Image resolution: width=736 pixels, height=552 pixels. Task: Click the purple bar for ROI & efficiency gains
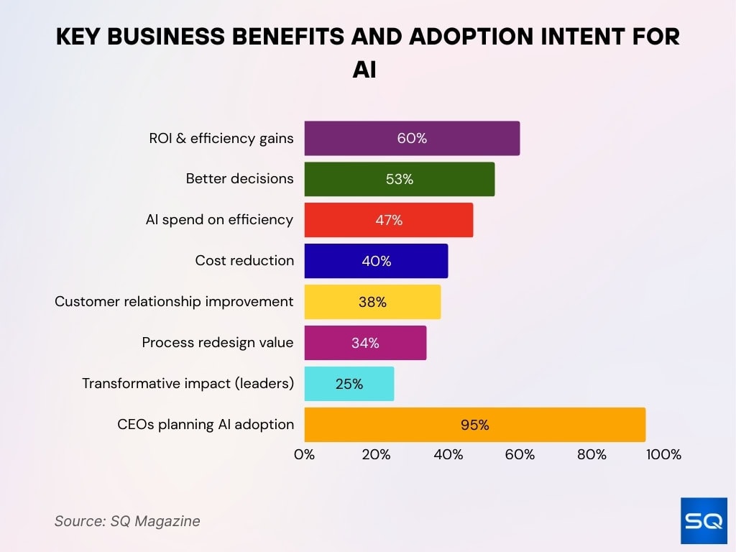[x=412, y=138]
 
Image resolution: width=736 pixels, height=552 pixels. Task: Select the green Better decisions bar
[x=399, y=179]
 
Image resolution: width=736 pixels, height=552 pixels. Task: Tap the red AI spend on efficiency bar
[x=388, y=220]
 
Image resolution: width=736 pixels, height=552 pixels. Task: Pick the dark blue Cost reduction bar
[x=376, y=261]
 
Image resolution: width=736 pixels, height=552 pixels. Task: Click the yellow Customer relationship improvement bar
[x=372, y=302]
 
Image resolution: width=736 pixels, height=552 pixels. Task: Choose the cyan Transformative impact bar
[x=349, y=384]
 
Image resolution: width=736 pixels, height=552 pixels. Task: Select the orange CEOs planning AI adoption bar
[x=474, y=425]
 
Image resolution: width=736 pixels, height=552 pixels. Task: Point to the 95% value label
[x=474, y=425]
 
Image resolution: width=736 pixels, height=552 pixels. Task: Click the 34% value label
[x=365, y=343]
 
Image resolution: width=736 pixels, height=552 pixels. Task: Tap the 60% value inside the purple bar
[x=412, y=138]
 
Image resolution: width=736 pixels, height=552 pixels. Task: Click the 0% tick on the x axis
[x=305, y=454]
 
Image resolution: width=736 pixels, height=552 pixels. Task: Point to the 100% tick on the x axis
[x=663, y=454]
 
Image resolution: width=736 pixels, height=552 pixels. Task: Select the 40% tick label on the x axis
[x=448, y=454]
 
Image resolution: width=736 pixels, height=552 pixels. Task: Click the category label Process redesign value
[x=218, y=343]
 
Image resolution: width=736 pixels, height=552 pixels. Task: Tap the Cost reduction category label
[x=244, y=261]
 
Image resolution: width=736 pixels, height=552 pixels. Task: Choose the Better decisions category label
[x=239, y=179]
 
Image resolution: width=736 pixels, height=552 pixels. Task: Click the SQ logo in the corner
[x=704, y=520]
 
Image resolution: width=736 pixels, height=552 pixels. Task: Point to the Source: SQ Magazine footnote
[x=127, y=521]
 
